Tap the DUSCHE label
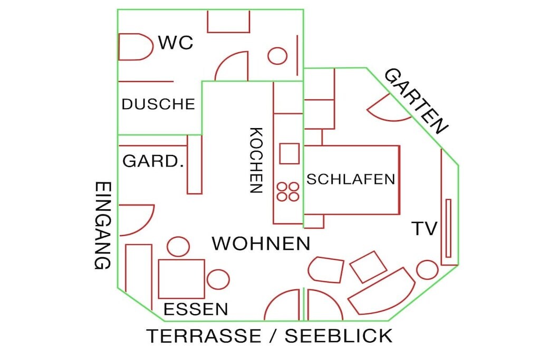(158, 104)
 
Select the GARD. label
(153, 161)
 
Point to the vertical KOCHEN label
(256, 160)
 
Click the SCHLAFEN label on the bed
(351, 179)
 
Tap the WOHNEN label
(261, 244)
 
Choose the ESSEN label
(196, 309)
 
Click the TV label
(425, 228)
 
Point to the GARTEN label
(416, 101)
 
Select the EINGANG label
(103, 226)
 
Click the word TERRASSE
(204, 336)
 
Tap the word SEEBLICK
(339, 336)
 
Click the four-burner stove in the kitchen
(288, 192)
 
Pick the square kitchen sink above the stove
(290, 153)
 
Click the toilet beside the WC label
(136, 47)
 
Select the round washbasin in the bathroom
(277, 56)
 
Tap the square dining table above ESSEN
(181, 279)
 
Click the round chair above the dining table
(178, 247)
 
